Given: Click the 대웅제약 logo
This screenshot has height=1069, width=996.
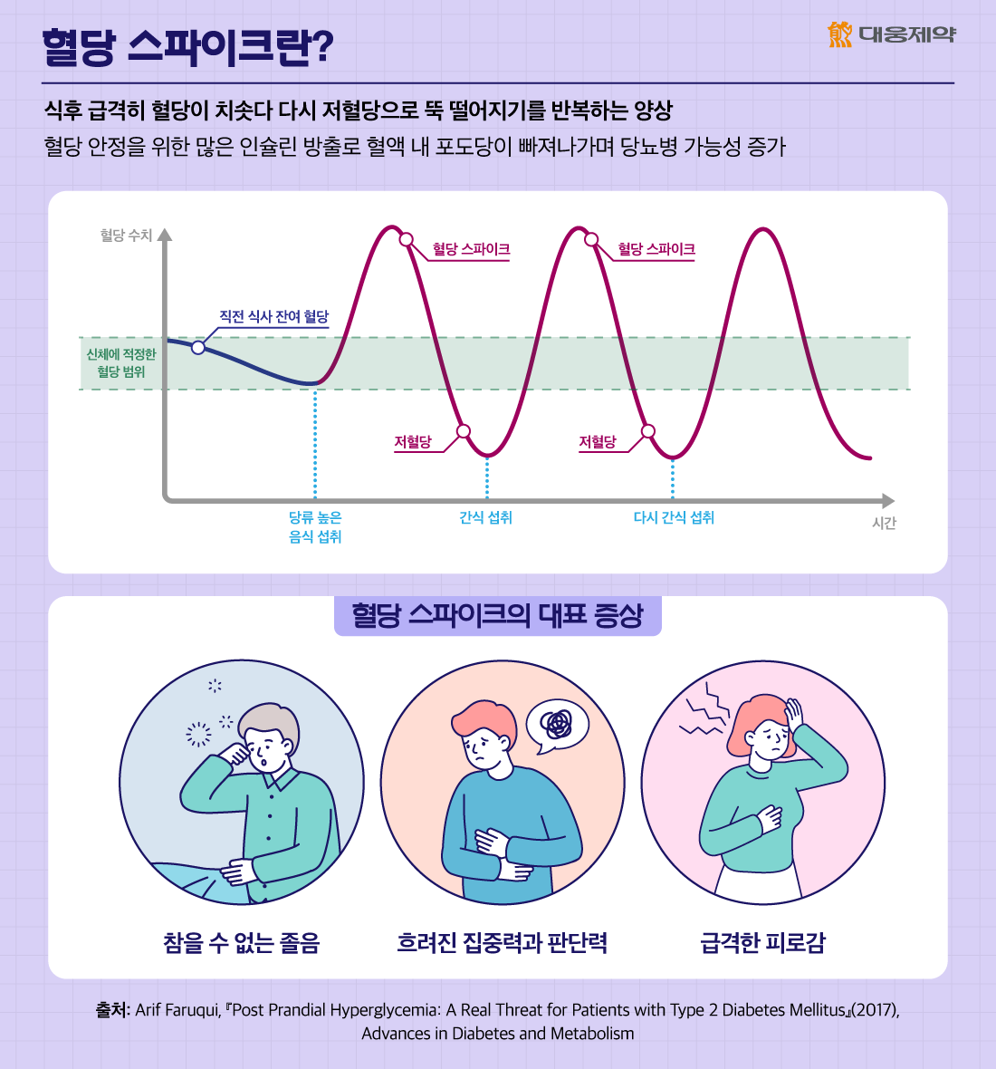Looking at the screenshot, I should point(891,34).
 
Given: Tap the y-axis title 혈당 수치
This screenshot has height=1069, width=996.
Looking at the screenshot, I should point(126,236).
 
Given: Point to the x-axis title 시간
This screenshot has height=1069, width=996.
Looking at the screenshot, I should point(884,524).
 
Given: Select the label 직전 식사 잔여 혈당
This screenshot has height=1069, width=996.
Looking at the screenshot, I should point(273,316).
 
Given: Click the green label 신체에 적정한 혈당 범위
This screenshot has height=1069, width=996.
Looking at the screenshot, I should point(120,363).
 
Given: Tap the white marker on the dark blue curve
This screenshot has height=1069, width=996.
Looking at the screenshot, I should point(198,347).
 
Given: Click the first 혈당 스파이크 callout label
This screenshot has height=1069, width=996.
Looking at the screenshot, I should point(471,249).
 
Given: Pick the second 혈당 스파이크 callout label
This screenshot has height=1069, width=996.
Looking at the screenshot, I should point(656,249).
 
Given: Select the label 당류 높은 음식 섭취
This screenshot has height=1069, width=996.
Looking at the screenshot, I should point(315,527).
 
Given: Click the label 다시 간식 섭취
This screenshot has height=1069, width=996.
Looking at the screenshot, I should point(674,517).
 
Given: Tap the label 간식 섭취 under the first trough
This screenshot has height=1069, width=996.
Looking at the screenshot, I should point(485,517).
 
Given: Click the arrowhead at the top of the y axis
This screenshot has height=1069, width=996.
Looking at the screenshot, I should point(164,235).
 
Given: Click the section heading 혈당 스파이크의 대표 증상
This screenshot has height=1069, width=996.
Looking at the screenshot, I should point(497,616).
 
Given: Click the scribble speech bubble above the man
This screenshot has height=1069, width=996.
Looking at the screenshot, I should point(557,724).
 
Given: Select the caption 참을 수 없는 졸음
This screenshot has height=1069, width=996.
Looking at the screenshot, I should point(242,943).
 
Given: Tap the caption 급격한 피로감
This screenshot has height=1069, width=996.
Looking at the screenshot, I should point(762,943).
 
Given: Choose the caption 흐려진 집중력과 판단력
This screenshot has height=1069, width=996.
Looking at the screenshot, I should point(502,943).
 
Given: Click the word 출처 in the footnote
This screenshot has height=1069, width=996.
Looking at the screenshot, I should point(112,1010).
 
